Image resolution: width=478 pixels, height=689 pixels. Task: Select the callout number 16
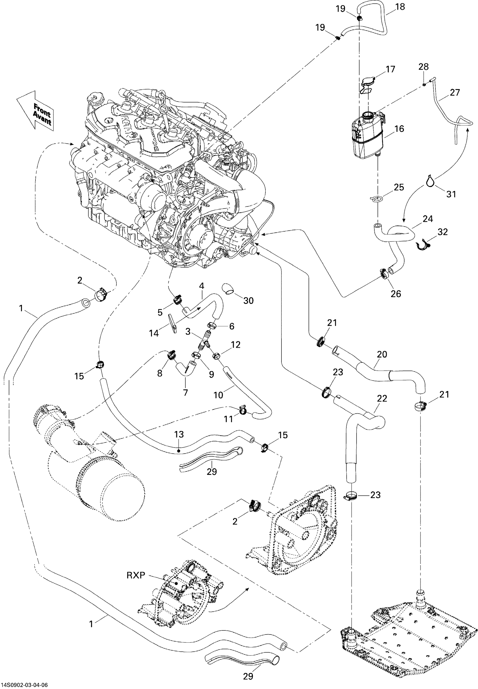(x=399, y=129)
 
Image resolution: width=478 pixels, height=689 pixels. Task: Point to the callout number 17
(x=390, y=69)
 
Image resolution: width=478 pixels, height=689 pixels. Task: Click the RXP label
(x=136, y=575)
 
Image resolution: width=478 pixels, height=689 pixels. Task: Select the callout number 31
(x=451, y=194)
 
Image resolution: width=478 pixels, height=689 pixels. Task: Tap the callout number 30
(x=248, y=300)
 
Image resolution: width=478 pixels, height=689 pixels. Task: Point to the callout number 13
(x=179, y=434)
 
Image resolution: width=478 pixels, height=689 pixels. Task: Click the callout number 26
(x=396, y=294)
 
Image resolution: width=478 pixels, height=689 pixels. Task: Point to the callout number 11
(x=229, y=419)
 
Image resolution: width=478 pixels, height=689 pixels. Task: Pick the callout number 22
(x=382, y=398)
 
